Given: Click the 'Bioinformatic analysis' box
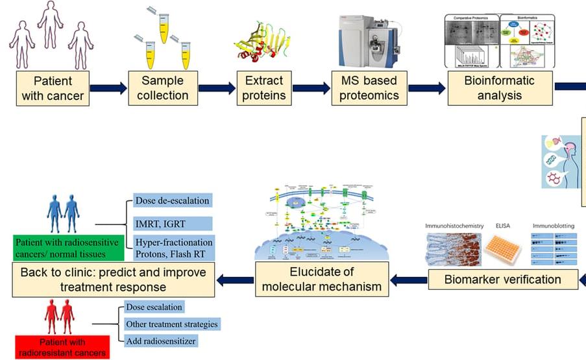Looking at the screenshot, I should point(500,89).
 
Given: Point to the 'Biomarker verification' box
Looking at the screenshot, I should point(503,280).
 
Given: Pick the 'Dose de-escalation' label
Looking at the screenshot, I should point(171,200).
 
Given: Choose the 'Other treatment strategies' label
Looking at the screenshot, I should point(171,323).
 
